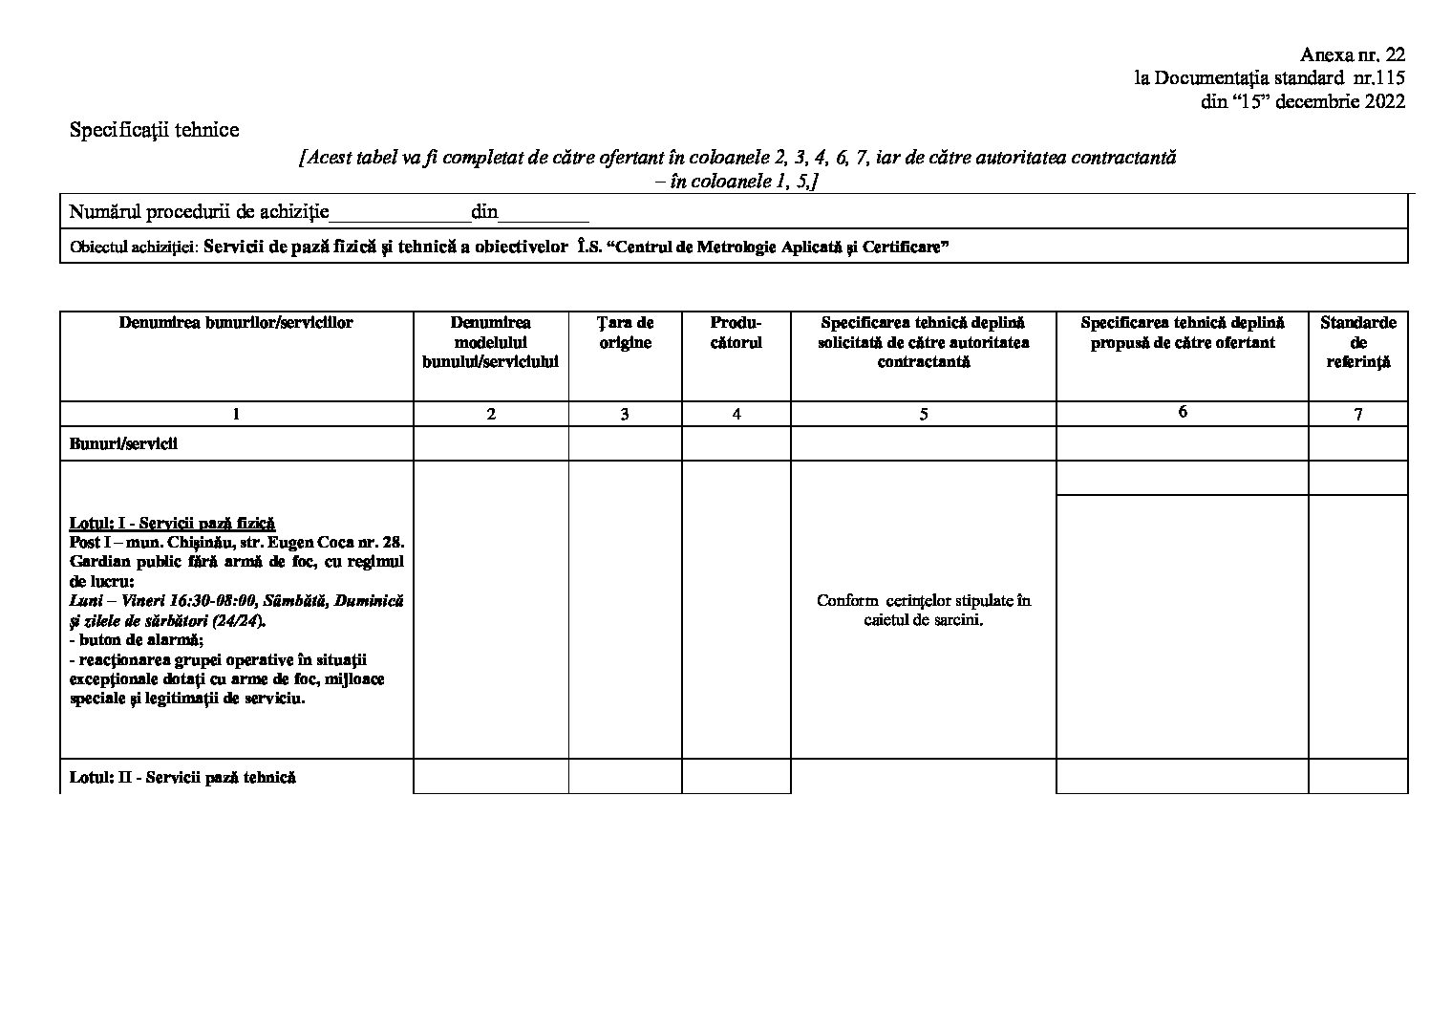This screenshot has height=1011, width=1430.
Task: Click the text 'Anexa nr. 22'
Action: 1353,55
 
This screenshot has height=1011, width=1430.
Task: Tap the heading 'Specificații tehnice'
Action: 154,130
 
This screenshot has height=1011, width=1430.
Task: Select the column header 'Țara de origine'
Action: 626,333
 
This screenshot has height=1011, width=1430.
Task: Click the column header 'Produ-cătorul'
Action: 736,333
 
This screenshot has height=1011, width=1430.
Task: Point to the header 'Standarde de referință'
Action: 1357,342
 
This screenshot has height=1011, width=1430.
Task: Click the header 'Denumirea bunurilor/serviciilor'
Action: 236,323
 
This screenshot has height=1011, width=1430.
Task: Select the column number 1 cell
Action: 236,414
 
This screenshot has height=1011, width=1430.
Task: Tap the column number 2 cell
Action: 491,414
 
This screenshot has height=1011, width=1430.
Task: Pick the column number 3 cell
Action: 625,414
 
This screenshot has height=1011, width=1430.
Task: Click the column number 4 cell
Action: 736,414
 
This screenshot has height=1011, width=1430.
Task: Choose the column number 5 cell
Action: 923,414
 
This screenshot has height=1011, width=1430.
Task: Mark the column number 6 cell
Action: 1182,412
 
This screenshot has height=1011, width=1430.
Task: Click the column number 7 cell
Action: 1357,414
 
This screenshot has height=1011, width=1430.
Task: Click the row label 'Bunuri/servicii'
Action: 123,444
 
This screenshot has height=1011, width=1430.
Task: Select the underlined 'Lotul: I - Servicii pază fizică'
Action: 172,523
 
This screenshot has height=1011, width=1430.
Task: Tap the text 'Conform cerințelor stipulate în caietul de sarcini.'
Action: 923,610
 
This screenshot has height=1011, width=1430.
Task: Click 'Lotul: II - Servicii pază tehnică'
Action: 182,777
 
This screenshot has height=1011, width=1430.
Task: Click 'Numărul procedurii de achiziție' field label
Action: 199,211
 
